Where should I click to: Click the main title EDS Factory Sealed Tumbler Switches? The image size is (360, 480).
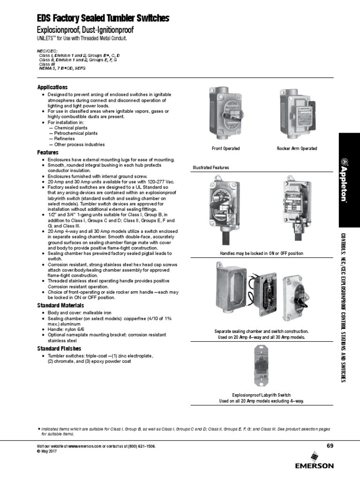point(103,19)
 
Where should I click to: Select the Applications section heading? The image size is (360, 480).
point(52,87)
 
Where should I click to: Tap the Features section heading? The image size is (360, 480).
point(48,152)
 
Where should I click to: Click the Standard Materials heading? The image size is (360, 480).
point(60,306)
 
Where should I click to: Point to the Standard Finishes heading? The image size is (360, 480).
point(59,349)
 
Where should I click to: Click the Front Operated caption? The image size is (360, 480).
point(226,149)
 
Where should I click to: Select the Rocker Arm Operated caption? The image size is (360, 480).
point(297,149)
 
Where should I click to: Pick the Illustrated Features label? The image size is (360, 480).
point(211,167)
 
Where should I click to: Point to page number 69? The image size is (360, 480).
point(330,445)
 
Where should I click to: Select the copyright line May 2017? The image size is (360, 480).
point(48,451)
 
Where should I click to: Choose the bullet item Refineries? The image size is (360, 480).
point(65,139)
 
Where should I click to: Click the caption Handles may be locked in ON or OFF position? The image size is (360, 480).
point(262,253)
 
